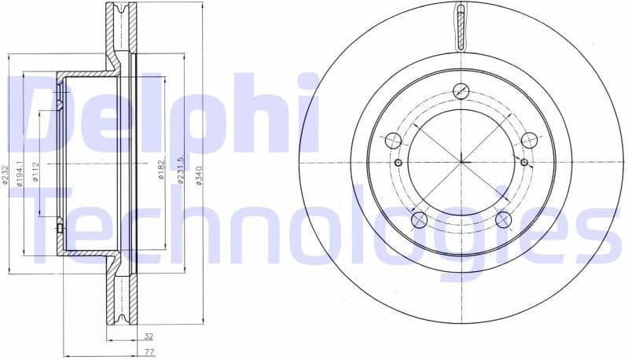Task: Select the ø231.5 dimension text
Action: click(x=181, y=171)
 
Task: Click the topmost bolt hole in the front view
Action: click(x=461, y=92)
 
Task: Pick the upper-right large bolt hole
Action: click(x=530, y=141)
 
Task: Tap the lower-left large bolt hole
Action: click(x=419, y=220)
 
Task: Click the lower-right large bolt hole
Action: click(x=504, y=220)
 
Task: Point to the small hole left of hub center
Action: click(x=398, y=163)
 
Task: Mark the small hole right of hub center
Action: click(x=525, y=163)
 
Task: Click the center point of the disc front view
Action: click(x=461, y=163)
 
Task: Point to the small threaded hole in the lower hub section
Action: click(x=60, y=228)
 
